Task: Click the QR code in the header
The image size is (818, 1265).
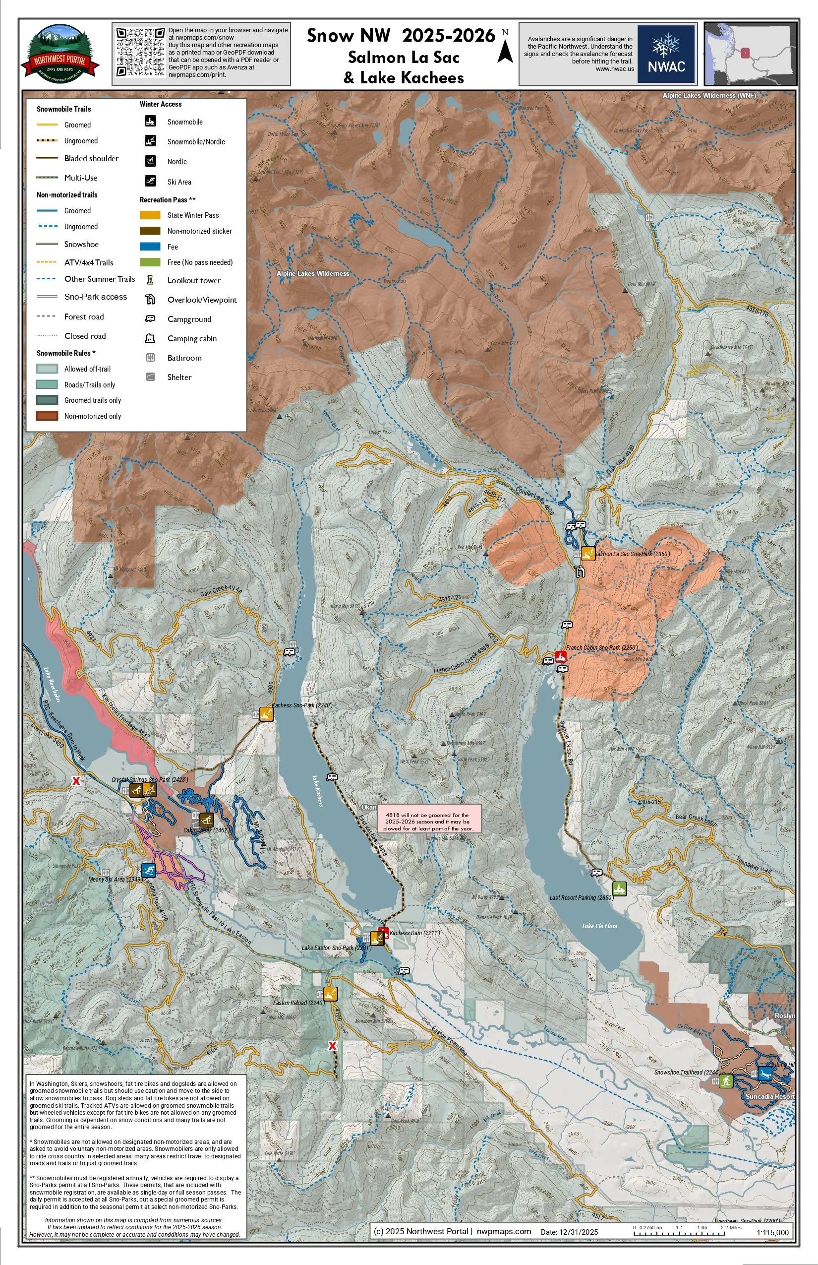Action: pos(140,52)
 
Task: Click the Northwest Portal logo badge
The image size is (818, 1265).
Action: pos(60,54)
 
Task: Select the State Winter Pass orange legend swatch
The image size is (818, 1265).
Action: pos(150,215)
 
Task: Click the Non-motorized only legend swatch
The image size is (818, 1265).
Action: pos(47,416)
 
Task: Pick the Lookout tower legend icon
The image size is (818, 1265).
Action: pos(150,280)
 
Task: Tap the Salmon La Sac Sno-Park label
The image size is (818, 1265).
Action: pos(632,553)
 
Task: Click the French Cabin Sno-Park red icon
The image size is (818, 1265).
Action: pos(560,656)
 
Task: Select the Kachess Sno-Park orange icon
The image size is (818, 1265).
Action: pos(266,714)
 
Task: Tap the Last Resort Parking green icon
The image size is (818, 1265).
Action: pos(619,888)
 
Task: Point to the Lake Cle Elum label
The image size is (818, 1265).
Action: pos(600,925)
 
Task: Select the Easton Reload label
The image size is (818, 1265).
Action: pos(298,1003)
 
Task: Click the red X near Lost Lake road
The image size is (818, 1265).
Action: pos(76,781)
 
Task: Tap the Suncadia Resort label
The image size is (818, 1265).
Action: pos(769,1096)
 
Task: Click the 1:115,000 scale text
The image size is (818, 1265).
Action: pos(772,1232)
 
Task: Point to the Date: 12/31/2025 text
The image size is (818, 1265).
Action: pos(569,1232)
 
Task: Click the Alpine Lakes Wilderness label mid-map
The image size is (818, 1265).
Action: pos(313,273)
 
